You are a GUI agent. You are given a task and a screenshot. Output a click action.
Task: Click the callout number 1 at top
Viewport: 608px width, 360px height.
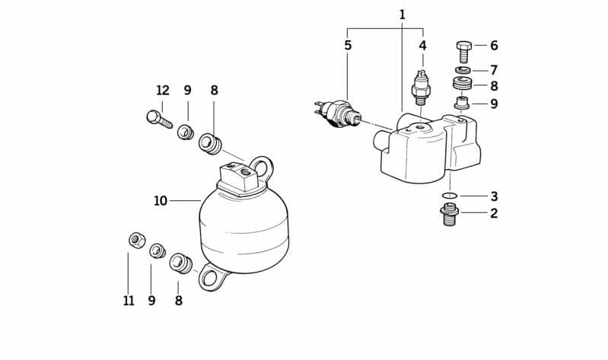pyautogui.click(x=402, y=14)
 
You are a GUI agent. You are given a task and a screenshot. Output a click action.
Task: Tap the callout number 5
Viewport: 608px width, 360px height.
pyautogui.click(x=348, y=46)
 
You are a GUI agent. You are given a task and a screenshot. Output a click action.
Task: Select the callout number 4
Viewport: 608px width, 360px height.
pyautogui.click(x=422, y=46)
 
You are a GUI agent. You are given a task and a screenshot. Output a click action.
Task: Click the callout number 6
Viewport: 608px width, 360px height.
pyautogui.click(x=494, y=46)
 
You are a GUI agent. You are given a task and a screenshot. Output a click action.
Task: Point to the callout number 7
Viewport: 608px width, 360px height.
pyautogui.click(x=494, y=70)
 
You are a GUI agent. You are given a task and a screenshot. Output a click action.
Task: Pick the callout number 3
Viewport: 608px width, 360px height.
pyautogui.click(x=494, y=196)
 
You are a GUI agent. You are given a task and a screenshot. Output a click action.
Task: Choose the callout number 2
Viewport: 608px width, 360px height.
pyautogui.click(x=494, y=213)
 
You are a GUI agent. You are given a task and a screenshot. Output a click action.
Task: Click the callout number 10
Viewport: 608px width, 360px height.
pyautogui.click(x=161, y=201)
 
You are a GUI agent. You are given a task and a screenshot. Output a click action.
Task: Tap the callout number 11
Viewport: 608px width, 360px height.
pyautogui.click(x=129, y=301)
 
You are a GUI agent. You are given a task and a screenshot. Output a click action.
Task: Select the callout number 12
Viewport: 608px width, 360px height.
pyautogui.click(x=163, y=91)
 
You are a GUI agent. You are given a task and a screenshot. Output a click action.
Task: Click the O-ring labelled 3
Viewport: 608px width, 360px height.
pyautogui.click(x=450, y=195)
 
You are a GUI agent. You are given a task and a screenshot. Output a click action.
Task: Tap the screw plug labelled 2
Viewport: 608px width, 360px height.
pyautogui.click(x=450, y=215)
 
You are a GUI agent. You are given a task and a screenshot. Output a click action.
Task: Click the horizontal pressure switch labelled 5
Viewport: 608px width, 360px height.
pyautogui.click(x=337, y=112)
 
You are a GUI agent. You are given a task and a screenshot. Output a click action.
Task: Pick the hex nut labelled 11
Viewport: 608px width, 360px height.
pyautogui.click(x=136, y=241)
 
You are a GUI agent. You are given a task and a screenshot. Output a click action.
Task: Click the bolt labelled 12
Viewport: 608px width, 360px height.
pyautogui.click(x=159, y=119)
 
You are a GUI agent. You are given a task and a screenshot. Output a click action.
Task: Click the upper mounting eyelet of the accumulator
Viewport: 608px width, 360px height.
pyautogui.click(x=262, y=168)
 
